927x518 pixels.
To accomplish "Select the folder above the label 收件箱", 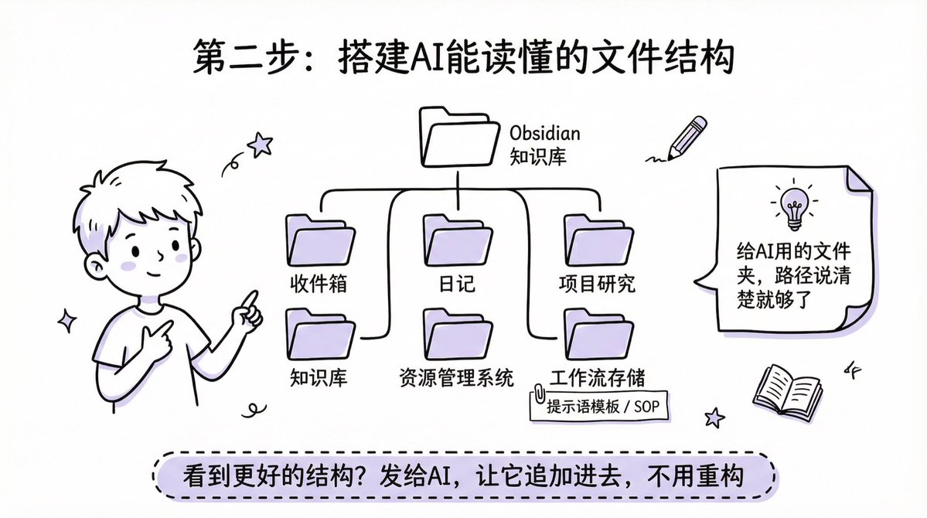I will tap(320, 241).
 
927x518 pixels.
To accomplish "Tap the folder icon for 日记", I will tap(458, 241).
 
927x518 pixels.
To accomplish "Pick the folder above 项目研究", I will tap(598, 241).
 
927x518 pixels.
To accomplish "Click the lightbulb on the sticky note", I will tap(792, 206).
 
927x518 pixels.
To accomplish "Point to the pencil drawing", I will tap(687, 138).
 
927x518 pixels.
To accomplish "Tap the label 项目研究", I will tap(597, 284).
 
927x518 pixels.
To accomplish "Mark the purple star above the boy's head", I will tap(260, 144).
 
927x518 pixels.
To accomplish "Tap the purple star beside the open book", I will tap(715, 417).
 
